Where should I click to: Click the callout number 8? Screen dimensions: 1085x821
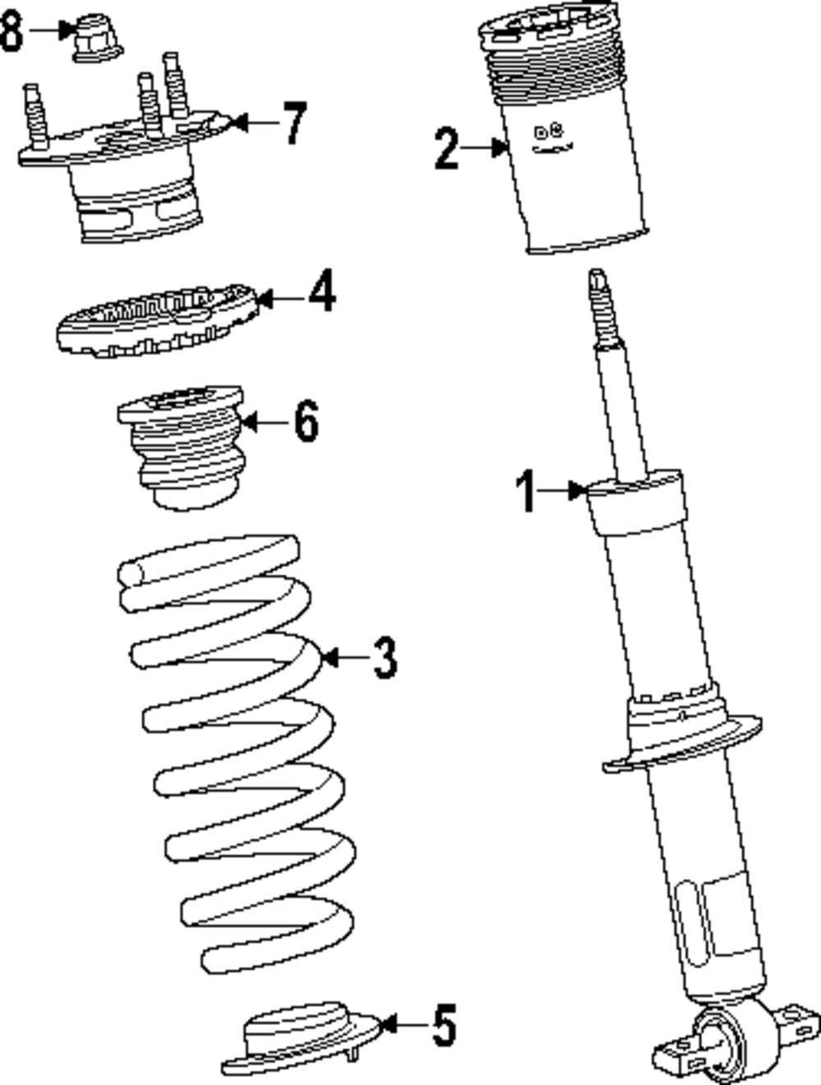(11, 32)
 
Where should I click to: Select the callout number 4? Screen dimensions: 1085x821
(323, 292)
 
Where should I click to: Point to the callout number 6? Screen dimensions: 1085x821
(305, 422)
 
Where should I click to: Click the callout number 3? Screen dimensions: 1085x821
(384, 657)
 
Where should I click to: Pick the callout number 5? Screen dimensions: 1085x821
(443, 1024)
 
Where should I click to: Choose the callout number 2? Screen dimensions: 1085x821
(447, 149)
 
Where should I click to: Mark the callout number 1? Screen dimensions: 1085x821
(526, 491)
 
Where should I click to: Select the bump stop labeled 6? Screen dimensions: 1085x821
(183, 448)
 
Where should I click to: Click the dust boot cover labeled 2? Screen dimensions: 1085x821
(566, 140)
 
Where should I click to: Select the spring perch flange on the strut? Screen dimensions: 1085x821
(681, 739)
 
